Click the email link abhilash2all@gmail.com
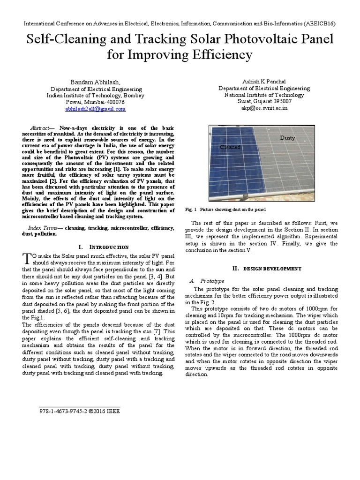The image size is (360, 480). click(96, 109)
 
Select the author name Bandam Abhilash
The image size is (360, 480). click(95, 81)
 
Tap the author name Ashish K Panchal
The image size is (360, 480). click(264, 81)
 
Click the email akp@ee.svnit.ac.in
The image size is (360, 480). click(264, 108)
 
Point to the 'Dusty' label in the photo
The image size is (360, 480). click(287, 138)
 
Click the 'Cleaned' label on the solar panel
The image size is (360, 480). click(230, 147)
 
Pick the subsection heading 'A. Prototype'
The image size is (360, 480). click(207, 280)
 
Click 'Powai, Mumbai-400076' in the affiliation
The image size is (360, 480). click(96, 102)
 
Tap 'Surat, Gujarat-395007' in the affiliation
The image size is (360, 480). click(264, 101)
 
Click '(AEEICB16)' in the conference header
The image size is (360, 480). click(318, 23)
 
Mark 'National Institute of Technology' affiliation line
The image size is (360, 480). click(264, 95)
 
